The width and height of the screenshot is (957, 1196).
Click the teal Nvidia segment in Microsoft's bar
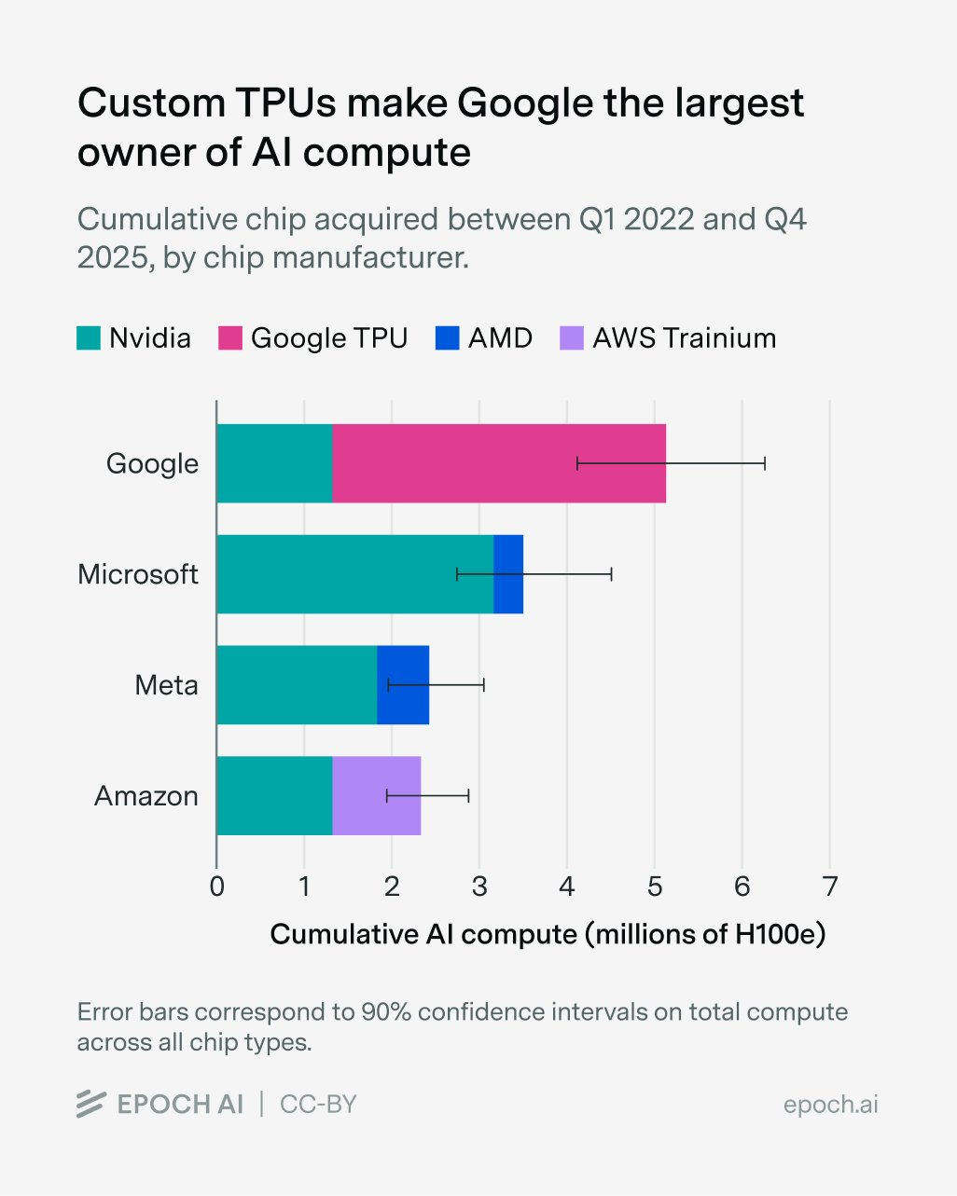pos(354,574)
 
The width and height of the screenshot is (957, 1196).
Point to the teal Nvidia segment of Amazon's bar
pos(274,795)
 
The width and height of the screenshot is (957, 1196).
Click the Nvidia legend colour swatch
pos(89,337)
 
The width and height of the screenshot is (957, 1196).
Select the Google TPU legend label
pos(329,337)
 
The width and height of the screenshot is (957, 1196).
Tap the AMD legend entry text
pos(500,337)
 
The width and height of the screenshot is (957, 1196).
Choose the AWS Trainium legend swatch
pos(571,337)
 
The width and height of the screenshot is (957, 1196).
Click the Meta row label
pos(166,685)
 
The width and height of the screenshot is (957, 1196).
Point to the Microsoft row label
pos(138,574)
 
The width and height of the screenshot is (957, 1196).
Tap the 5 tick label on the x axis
pos(655,886)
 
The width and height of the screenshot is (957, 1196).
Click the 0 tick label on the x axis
pos(216,886)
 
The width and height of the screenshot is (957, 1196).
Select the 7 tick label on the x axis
pos(829,886)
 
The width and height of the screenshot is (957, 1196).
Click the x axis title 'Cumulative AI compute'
pos(548,934)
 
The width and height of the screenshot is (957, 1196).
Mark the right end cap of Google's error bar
pos(765,463)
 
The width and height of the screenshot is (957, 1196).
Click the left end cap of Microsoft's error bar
pos(457,574)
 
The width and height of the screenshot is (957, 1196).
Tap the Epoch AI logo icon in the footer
pos(90,1104)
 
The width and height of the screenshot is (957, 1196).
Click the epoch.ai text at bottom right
pos(830,1105)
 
